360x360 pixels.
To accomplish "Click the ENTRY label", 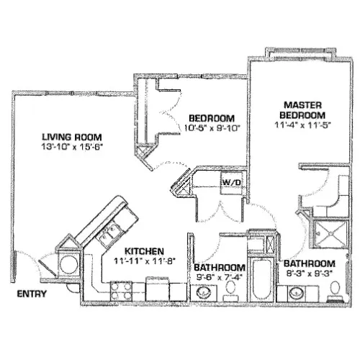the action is point(32,294).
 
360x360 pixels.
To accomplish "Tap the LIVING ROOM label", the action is point(72,137).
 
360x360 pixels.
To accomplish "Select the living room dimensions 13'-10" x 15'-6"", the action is point(72,147).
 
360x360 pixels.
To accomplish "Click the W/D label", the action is point(231,182).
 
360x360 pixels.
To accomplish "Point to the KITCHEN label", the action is point(145,251).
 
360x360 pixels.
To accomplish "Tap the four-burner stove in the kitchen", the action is point(121,291).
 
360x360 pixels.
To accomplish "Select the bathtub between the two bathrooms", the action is point(261,279).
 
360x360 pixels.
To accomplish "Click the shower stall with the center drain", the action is point(330,233).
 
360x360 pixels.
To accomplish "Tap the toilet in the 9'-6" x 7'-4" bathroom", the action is point(231,291).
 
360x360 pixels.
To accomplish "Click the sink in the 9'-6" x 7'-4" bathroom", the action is point(204,292).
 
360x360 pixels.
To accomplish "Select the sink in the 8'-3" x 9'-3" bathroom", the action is point(297,293).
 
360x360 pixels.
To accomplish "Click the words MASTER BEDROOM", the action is point(302,110).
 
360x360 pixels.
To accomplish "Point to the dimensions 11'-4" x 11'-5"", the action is point(303,125).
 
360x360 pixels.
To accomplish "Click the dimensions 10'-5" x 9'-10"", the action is point(212,128).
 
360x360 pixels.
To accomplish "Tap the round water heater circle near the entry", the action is point(69,264).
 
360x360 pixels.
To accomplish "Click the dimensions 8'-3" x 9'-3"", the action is point(310,274).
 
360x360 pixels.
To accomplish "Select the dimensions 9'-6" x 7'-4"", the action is point(220,277).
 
